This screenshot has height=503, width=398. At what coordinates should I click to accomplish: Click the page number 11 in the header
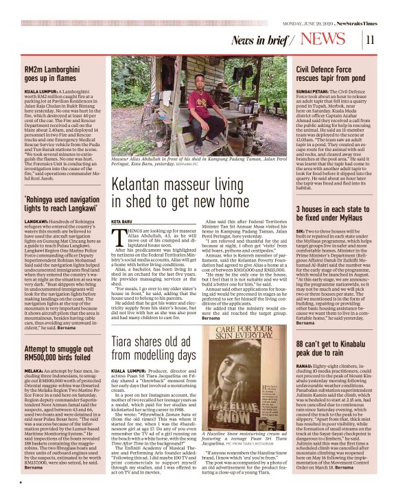click(370, 39)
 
